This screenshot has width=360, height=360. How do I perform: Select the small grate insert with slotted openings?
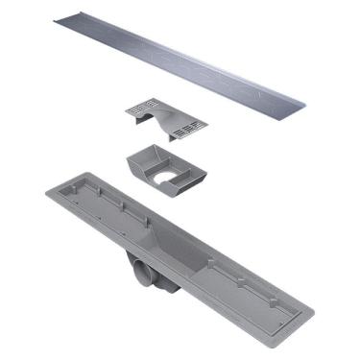[162, 116]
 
